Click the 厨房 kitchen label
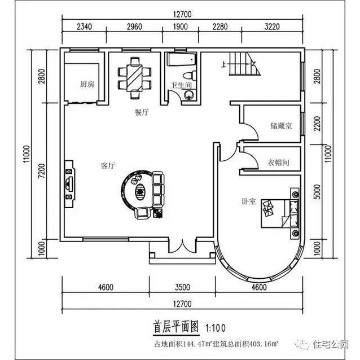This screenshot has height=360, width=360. coord(86,85)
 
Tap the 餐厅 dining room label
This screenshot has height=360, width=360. coord(141,112)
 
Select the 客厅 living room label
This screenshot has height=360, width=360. coord(108,166)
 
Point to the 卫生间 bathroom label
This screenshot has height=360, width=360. coord(182,86)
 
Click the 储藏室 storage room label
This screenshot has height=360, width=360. coord(280,126)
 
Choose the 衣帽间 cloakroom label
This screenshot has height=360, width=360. coord(278,163)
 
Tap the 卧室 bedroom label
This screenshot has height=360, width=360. coord(249,201)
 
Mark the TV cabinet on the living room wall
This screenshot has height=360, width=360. coord(69,182)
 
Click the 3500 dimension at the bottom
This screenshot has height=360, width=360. coord(182,287)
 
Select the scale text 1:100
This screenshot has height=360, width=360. coord(216,327)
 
